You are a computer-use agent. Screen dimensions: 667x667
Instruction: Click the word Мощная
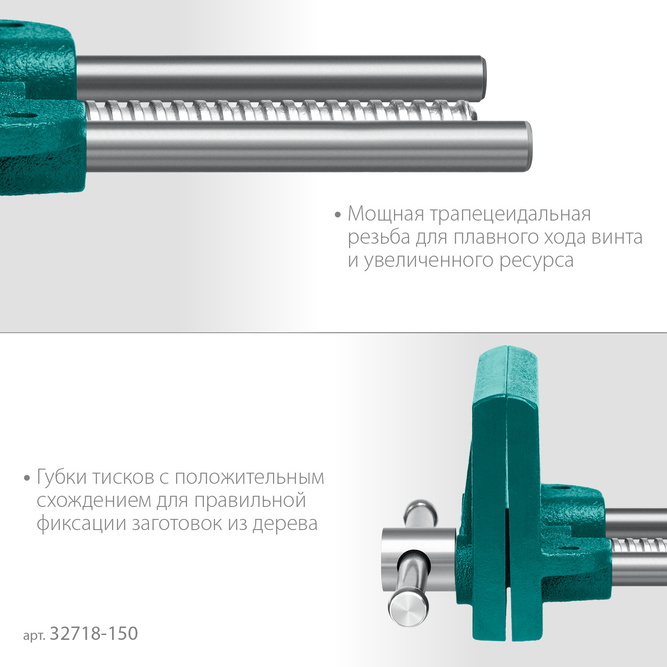pyautogui.click(x=386, y=214)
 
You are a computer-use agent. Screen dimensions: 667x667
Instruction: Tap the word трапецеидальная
pyautogui.click(x=510, y=215)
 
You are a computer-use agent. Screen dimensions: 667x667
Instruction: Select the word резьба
pyautogui.click(x=379, y=237)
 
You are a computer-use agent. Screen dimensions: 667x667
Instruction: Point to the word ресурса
pyautogui.click(x=536, y=261)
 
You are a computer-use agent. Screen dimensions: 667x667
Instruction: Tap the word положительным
pyautogui.click(x=249, y=478)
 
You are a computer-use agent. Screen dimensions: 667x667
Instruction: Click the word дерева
pyautogui.click(x=285, y=523)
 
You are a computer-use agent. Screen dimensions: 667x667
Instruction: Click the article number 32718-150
pyautogui.click(x=94, y=634)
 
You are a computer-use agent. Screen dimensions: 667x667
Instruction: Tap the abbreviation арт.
pyautogui.click(x=34, y=635)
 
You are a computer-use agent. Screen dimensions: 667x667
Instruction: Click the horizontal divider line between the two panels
pyautogui.click(x=333, y=333)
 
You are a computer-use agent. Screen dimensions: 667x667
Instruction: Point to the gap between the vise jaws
pyautogui.click(x=507, y=556)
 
